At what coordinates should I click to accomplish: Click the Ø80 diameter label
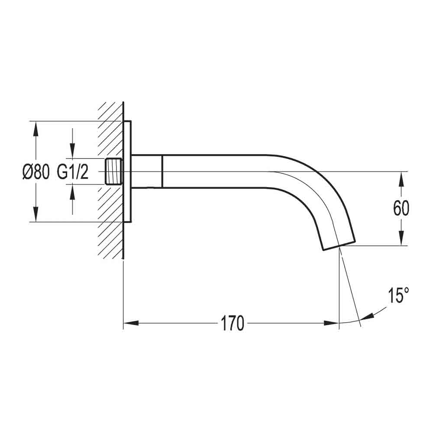tap(36, 172)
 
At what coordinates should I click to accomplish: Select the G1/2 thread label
tap(73, 172)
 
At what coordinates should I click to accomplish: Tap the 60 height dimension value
tap(401, 209)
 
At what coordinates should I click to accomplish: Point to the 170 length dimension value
tap(233, 323)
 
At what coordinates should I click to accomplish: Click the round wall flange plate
tap(127, 171)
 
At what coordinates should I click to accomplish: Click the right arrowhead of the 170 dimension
tap(331, 323)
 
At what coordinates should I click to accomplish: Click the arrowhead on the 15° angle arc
tap(367, 317)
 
